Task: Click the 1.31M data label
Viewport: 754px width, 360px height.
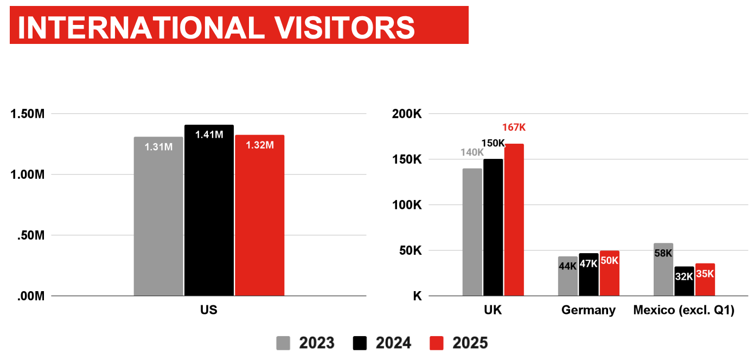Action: pos(158,146)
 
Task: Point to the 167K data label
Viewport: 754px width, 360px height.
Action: pos(514,128)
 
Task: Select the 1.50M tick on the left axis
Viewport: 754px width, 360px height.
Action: pos(28,114)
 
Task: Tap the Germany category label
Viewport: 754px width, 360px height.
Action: pos(589,310)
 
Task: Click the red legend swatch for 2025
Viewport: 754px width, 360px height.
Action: pos(437,343)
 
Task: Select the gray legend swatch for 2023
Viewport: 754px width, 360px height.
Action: pos(283,343)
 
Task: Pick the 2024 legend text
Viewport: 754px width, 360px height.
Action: pos(393,343)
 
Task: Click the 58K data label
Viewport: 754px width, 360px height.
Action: pos(663,253)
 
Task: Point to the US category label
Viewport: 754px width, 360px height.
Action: pos(209,310)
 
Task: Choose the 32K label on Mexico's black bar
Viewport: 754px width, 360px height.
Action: pos(683,276)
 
